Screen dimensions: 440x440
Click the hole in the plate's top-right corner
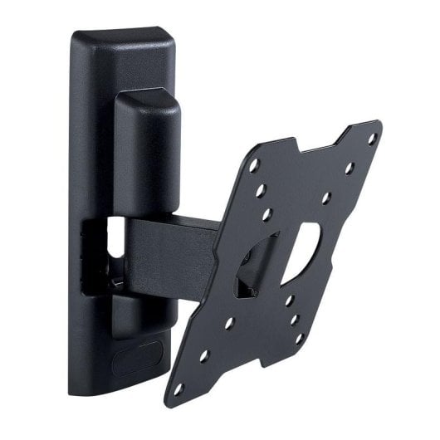tap(372, 137)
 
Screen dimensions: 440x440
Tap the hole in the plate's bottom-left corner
tap(178, 388)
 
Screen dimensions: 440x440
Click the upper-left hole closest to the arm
tap(266, 214)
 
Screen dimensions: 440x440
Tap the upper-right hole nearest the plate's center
tap(326, 198)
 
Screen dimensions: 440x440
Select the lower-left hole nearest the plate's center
tap(229, 324)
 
